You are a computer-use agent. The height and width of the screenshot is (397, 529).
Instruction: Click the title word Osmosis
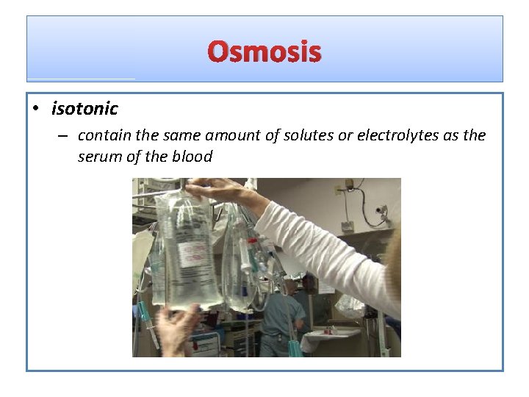pyautogui.click(x=264, y=52)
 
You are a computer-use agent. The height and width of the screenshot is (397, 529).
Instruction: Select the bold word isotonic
pyautogui.click(x=84, y=109)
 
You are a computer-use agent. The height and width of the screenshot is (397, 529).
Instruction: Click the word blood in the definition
pyautogui.click(x=192, y=156)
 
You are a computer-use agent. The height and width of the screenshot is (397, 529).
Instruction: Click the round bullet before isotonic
pyautogui.click(x=35, y=110)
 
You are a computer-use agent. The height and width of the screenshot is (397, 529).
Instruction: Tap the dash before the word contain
pyautogui.click(x=65, y=136)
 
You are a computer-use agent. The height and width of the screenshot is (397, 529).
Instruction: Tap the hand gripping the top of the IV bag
pyautogui.click(x=213, y=193)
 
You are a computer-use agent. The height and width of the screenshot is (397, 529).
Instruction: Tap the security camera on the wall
pyautogui.click(x=381, y=210)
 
